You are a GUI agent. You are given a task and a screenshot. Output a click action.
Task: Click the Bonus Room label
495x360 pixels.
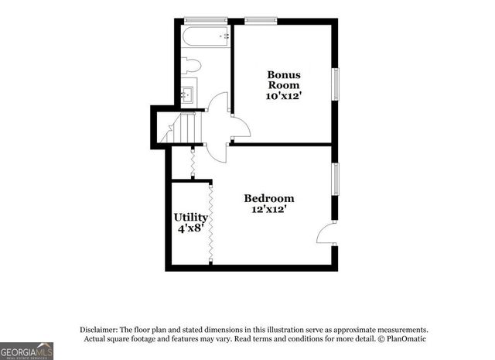[x=284, y=80]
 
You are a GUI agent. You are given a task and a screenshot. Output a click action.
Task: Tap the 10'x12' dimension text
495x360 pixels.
[x=284, y=95]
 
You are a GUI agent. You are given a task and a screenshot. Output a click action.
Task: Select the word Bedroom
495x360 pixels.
[x=269, y=198]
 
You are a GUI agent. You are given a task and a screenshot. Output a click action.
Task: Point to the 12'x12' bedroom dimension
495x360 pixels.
[x=269, y=209]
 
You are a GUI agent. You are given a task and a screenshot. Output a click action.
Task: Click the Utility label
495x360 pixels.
[x=190, y=218]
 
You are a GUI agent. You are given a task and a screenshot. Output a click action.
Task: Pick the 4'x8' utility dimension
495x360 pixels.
[x=190, y=228]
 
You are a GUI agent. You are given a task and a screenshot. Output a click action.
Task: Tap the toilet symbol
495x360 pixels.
[x=192, y=65]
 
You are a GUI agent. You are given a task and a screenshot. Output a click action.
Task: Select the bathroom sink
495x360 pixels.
[x=188, y=95]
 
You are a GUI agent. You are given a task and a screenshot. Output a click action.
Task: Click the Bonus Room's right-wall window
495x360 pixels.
[x=336, y=84]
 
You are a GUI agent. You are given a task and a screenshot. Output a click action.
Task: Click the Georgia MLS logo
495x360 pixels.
[x=27, y=351]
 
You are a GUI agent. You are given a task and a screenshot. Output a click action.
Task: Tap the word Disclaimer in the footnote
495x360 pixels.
[x=99, y=329]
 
